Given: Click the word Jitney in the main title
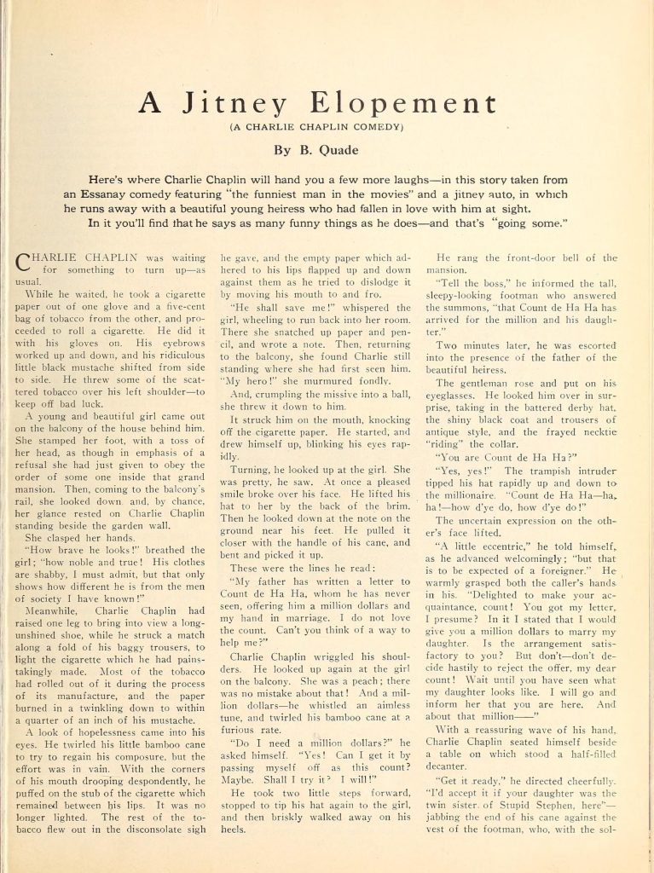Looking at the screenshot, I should coord(224,104).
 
